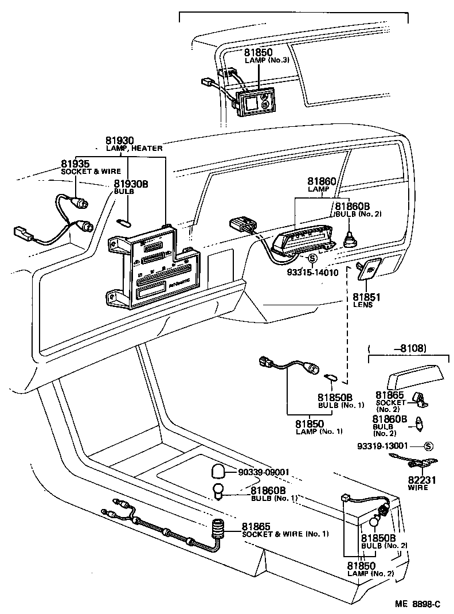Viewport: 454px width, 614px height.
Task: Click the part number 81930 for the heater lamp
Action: click(119, 140)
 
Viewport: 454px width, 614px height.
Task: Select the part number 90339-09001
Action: click(264, 472)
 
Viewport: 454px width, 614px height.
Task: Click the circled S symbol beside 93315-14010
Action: click(312, 259)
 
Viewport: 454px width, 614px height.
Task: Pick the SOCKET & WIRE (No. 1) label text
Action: click(285, 534)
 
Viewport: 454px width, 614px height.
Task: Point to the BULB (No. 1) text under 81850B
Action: click(341, 405)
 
